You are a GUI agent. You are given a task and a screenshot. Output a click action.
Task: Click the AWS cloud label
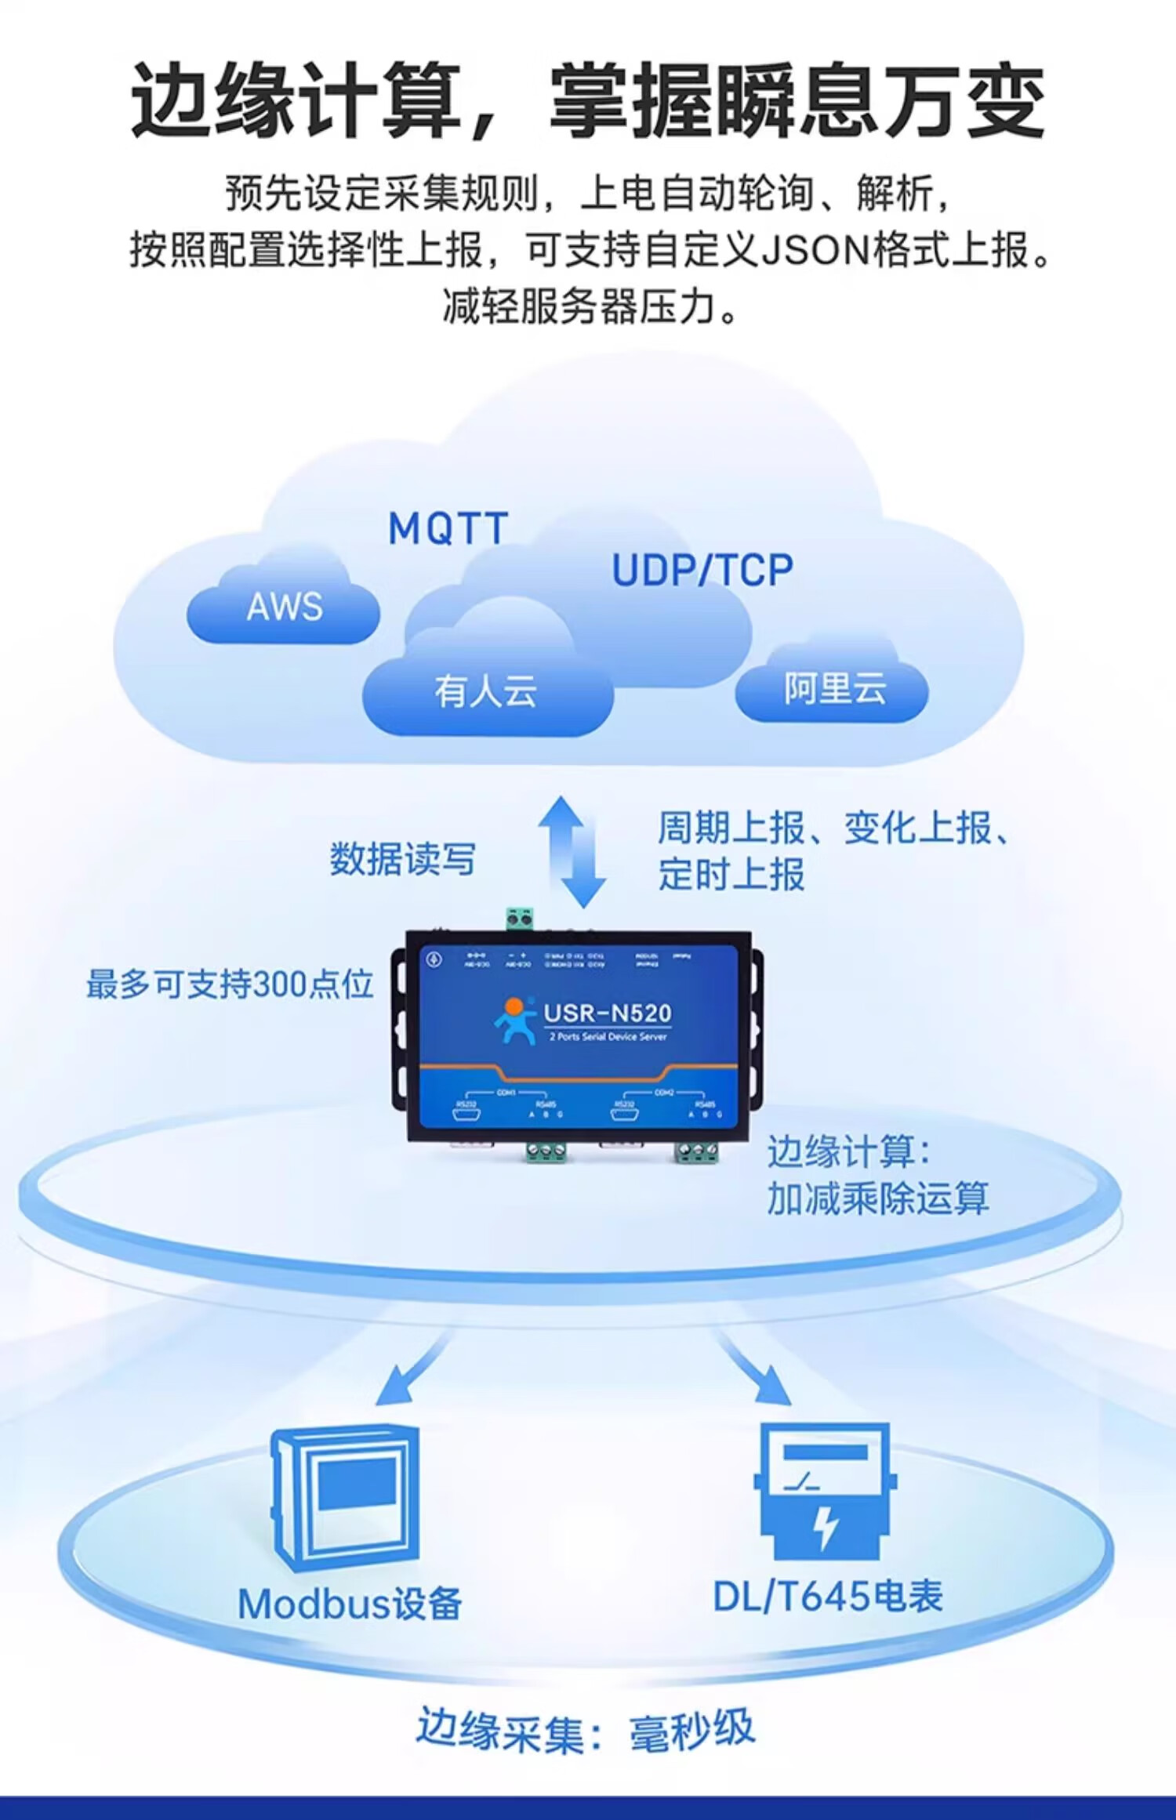click(x=284, y=607)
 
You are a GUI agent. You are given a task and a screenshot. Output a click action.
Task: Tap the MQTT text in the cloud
click(x=448, y=529)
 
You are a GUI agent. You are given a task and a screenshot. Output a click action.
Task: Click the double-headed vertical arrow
click(x=572, y=852)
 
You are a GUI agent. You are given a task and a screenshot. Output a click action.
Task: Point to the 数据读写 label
click(x=402, y=859)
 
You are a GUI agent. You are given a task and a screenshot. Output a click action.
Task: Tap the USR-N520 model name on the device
click(x=608, y=1013)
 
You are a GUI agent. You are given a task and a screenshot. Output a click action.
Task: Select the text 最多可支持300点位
click(x=230, y=984)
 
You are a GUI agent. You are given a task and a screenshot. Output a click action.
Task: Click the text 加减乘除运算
click(x=877, y=1199)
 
